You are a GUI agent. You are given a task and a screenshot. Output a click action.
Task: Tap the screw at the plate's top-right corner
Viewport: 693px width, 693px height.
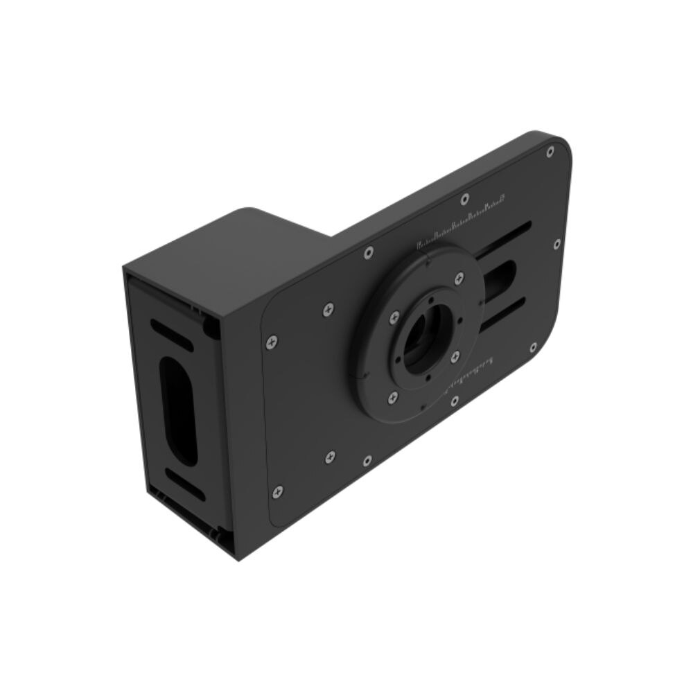(550, 152)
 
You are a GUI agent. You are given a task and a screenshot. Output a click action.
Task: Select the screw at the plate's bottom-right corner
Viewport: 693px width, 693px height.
(533, 347)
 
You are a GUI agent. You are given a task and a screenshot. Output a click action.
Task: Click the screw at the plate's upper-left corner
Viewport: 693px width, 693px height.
(272, 341)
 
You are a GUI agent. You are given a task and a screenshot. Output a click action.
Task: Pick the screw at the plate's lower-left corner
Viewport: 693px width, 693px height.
(277, 491)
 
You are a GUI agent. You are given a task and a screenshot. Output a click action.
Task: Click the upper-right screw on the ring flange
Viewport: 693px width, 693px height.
(458, 279)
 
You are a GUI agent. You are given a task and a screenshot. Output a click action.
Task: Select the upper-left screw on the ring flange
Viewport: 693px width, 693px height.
(394, 317)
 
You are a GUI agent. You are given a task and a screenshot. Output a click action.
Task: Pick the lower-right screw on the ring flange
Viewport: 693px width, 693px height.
(455, 356)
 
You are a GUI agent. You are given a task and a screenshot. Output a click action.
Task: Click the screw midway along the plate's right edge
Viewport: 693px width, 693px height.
(557, 244)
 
